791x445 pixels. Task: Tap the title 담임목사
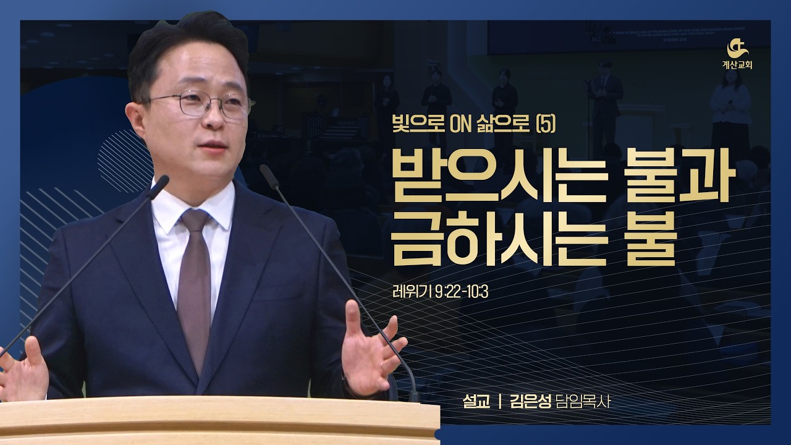tap(588, 402)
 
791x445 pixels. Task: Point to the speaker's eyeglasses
tap(201, 104)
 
